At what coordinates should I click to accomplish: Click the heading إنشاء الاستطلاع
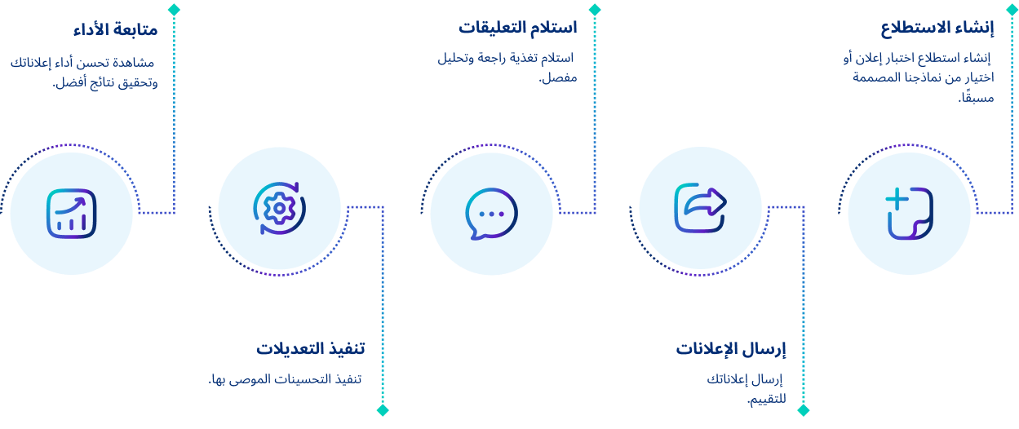(937, 29)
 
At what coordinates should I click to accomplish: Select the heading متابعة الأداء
(114, 31)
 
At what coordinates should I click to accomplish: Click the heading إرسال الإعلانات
(730, 349)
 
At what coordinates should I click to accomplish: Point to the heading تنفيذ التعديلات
(310, 348)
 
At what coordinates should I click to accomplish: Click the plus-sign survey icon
(909, 214)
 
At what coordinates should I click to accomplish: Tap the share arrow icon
(700, 207)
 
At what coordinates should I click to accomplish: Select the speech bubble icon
(491, 214)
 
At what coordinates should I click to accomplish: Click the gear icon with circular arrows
(279, 208)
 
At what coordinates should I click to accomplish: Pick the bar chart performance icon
(72, 214)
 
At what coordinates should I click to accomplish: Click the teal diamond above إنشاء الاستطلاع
(1012, 9)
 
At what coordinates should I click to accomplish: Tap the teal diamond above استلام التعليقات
(595, 9)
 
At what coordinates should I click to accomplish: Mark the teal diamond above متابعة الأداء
(173, 9)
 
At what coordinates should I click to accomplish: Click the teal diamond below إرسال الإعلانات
(803, 410)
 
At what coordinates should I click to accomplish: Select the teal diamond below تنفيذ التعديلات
(382, 410)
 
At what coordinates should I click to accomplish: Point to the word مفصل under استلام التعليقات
(559, 78)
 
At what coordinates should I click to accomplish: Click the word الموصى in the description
(259, 380)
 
